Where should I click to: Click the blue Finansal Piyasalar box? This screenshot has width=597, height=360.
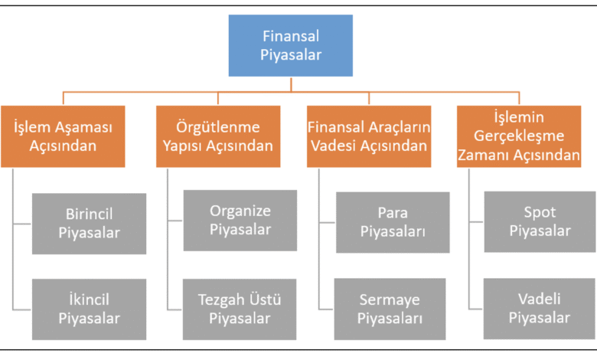pos(291,45)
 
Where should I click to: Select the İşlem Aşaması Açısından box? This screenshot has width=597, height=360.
pos(63,136)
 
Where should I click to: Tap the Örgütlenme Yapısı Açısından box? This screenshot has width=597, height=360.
pos(218,136)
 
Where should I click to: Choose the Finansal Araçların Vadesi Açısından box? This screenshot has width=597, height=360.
pos(369,136)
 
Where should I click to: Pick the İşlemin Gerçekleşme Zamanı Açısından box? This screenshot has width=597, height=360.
pos(519,136)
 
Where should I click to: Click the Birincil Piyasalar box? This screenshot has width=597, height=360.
pos(89,224)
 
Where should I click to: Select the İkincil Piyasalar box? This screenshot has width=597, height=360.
pos(89,309)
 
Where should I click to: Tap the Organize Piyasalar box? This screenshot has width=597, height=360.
pos(240,221)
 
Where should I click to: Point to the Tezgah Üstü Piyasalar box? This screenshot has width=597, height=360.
pos(240,309)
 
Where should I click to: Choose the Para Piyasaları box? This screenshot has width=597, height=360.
pos(393,222)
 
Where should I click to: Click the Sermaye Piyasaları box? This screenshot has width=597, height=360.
pos(390,309)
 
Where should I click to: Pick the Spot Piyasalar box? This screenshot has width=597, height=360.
pos(540,221)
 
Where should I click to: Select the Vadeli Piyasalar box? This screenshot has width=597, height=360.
pos(540,309)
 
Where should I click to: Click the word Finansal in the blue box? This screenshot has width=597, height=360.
pos(291,36)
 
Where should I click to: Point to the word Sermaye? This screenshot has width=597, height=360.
pos(390,300)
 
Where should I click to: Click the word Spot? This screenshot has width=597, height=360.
pos(540,213)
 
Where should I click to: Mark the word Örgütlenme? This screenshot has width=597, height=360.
pos(218,127)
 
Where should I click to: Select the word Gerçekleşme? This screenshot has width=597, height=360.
pos(519,136)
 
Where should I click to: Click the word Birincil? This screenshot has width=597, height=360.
pos(89,214)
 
